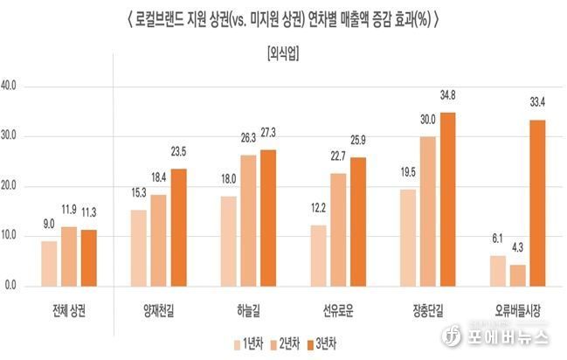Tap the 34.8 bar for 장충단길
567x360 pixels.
coord(448,199)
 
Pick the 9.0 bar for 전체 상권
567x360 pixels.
coord(49,263)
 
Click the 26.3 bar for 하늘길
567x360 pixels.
coord(248,220)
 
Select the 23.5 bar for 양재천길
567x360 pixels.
coord(179,227)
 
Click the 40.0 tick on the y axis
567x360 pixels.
coord(17,87)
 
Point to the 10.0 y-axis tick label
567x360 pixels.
coord(17,236)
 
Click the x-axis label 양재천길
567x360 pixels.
coord(159,311)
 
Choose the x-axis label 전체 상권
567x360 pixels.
coord(69,311)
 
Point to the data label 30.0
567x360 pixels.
coord(427,119)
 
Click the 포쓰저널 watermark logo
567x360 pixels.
coord(506,337)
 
